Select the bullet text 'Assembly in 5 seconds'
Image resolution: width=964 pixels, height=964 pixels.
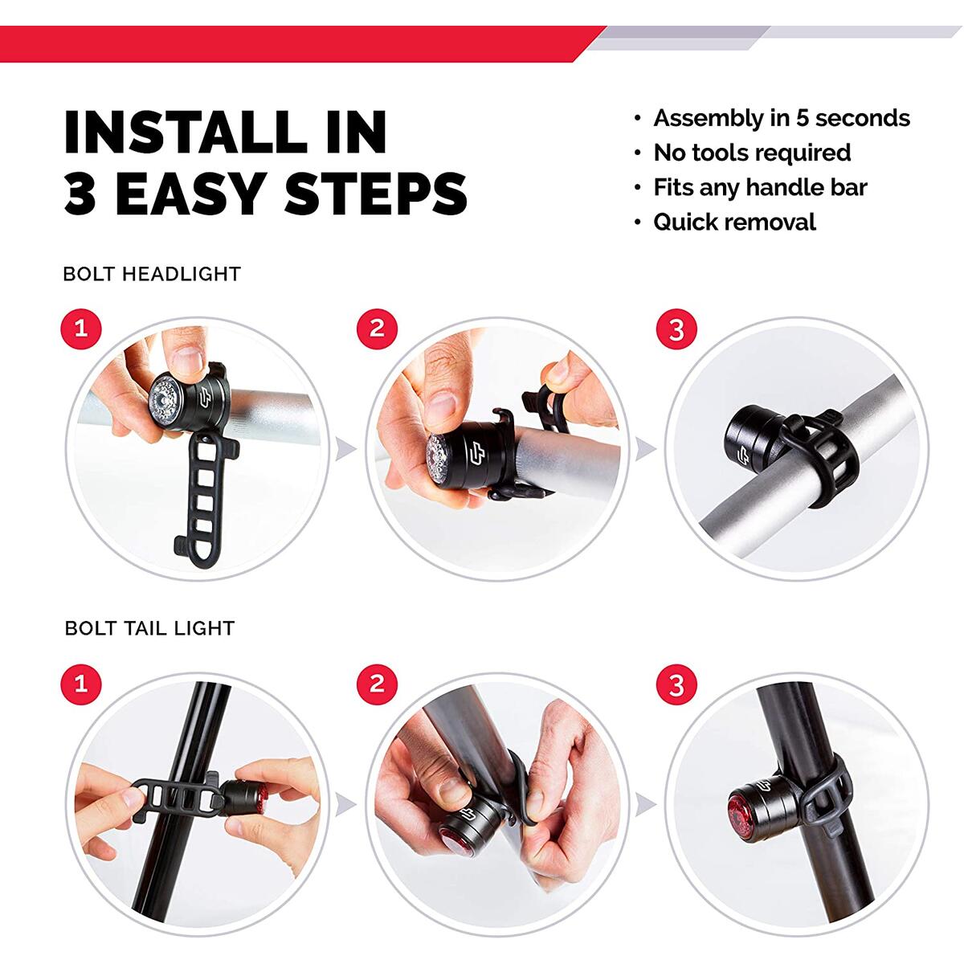[x=781, y=118]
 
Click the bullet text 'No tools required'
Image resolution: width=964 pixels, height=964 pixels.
[x=752, y=153]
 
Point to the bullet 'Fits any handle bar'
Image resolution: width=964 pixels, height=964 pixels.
[x=760, y=187]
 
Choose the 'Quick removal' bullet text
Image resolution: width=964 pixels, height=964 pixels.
[x=734, y=222]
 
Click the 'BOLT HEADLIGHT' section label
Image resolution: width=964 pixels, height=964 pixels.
[x=152, y=274]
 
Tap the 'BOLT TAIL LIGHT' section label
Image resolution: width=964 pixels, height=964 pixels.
[x=149, y=628]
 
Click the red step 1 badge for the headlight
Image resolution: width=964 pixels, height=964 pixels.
[x=80, y=329]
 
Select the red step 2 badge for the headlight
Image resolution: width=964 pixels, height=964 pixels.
[x=377, y=329]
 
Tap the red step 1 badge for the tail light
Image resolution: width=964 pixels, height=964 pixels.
[x=80, y=684]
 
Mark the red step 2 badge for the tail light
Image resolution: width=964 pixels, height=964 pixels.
[x=377, y=684]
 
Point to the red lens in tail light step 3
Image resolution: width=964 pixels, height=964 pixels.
[x=740, y=808]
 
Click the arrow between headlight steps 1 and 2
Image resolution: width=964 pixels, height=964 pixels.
[x=345, y=449]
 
